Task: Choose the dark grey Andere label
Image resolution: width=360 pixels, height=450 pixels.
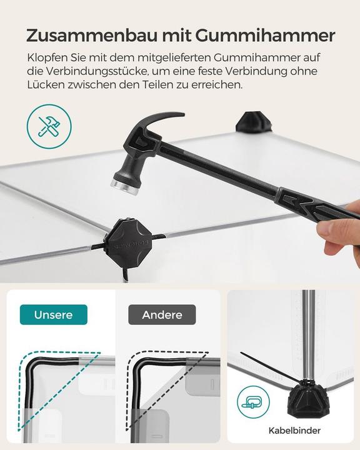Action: pos(162,314)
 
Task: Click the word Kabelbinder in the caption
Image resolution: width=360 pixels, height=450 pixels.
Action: pos(294,431)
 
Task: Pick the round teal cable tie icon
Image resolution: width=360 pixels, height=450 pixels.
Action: pos(253,402)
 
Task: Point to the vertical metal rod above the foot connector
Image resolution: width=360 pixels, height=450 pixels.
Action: pos(307,331)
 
